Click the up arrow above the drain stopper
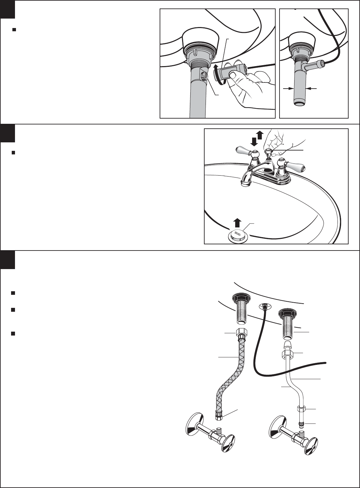click(x=238, y=223)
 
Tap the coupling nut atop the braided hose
click(x=241, y=334)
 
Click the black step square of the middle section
click(x=7, y=134)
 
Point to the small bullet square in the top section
click(x=14, y=30)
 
